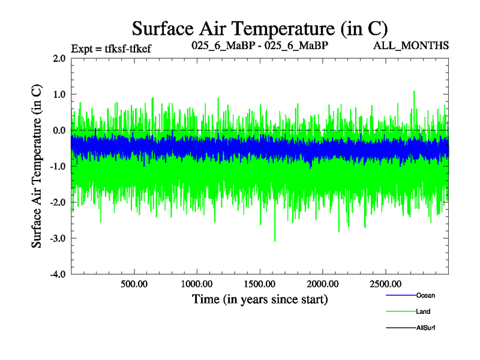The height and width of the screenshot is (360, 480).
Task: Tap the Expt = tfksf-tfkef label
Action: click(110, 49)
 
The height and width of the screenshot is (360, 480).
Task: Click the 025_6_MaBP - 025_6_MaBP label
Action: click(260, 46)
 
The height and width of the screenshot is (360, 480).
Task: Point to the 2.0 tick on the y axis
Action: click(59, 59)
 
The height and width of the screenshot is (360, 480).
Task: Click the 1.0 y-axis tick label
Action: click(59, 95)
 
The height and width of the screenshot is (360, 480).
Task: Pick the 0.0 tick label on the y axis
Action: click(59, 131)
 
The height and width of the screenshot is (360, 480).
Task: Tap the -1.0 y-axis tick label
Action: click(58, 167)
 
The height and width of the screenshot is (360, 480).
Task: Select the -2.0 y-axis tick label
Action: click(58, 203)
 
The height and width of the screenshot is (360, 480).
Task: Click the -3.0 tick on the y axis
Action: click(58, 239)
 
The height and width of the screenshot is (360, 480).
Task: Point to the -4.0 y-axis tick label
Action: click(58, 275)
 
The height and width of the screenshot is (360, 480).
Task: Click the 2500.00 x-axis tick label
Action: click(385, 283)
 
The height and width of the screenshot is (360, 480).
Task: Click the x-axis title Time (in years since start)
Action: click(260, 299)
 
